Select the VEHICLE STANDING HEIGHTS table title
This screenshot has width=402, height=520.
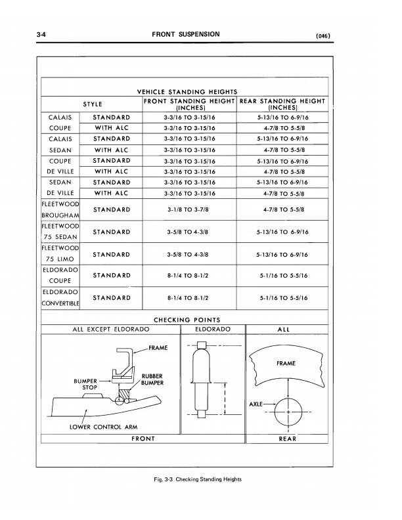(187, 91)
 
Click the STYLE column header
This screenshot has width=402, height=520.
(91, 103)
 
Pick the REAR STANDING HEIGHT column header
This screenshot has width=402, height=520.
(282, 104)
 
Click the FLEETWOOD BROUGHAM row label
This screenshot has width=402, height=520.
(60, 209)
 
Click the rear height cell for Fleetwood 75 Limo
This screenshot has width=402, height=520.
(282, 254)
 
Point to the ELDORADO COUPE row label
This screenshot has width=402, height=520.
(60, 276)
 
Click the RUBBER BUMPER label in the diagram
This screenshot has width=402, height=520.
(152, 379)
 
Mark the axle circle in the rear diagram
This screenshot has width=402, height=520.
(287, 412)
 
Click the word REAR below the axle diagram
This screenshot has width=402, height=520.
(287, 439)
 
